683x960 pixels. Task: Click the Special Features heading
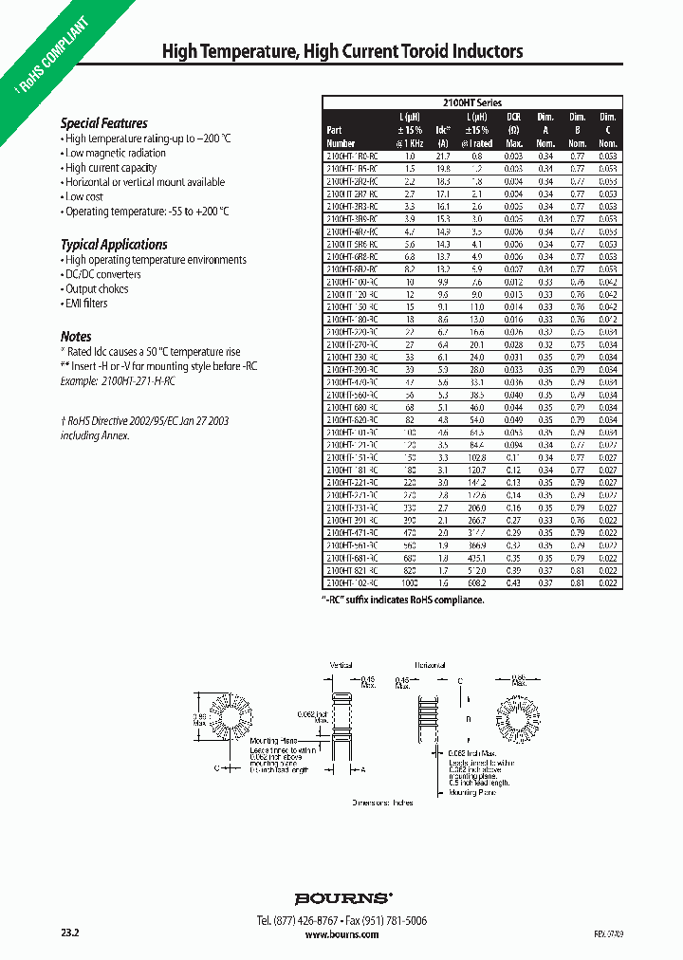[103, 123]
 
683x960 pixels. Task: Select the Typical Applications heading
[114, 244]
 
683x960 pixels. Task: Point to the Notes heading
[76, 337]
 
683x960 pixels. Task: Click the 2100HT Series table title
[471, 102]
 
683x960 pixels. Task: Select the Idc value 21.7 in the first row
[442, 155]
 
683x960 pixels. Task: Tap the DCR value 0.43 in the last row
[513, 583]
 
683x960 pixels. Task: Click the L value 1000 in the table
[409, 583]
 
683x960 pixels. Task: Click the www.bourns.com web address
[342, 934]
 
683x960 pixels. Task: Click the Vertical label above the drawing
[341, 666]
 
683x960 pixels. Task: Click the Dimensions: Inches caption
[382, 803]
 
